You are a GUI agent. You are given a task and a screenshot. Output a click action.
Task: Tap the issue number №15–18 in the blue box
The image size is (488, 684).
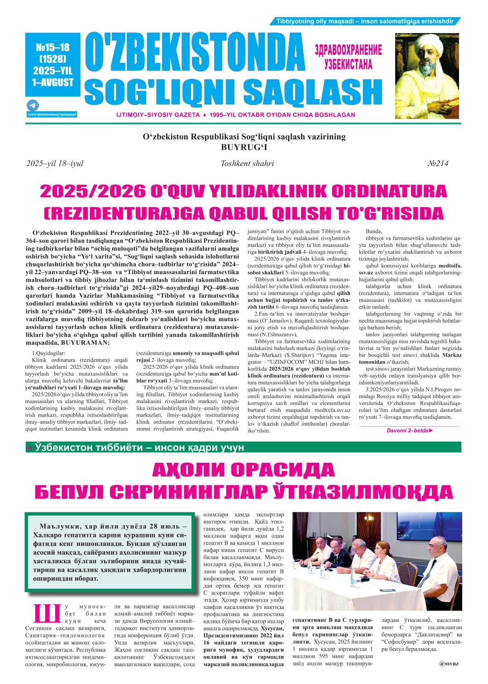tap(53, 47)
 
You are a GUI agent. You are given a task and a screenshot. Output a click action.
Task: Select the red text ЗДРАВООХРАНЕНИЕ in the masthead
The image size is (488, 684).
tap(348, 50)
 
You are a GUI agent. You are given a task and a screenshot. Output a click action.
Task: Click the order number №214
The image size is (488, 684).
tap(438, 164)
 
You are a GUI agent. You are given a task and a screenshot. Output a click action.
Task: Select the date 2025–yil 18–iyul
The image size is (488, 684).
tap(55, 164)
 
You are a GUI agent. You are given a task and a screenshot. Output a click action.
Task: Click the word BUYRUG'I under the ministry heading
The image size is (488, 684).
tap(244, 147)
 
